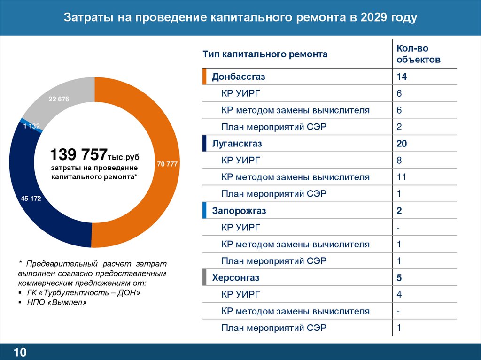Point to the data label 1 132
pos(31,126)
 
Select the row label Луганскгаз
pos(237,144)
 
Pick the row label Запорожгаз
pos(239,211)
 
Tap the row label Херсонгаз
pos(235,278)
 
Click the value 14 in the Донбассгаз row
pos(401,77)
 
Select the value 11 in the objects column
pos(401,177)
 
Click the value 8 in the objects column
pos(399,161)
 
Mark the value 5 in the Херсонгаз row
pos(399,278)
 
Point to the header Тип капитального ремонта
pos(265,54)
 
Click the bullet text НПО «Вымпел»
pos(56,303)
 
